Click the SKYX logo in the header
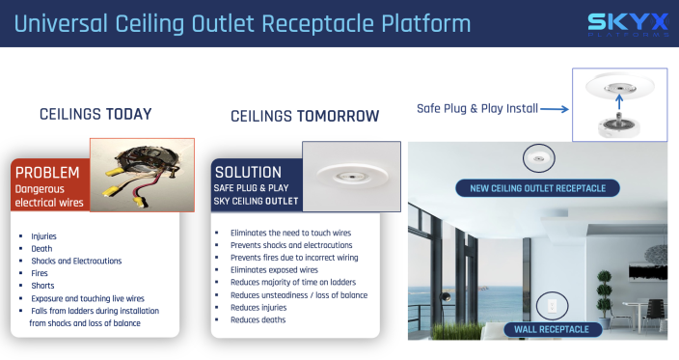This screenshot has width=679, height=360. coord(629,24)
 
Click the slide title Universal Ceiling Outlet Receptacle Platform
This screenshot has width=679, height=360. coord(241,23)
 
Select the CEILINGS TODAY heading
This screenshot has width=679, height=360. coord(95,114)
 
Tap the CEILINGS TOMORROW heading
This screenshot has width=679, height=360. coord(305,116)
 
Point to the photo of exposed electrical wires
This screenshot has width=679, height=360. coord(136,174)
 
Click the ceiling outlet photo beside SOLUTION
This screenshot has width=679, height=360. coord(351,176)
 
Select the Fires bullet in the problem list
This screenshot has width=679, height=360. coord(41,273)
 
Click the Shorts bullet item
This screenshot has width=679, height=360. coord(43,286)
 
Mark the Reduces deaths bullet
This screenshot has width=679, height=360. coord(258,319)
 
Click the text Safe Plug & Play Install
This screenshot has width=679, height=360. coord(476,108)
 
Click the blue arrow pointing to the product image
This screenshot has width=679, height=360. coord(554,109)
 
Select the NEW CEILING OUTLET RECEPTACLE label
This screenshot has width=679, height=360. coord(537,187)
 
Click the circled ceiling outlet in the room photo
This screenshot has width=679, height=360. coord(536,157)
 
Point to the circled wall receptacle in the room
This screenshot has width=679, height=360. coord(552,304)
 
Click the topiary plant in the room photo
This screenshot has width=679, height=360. coord(604,290)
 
